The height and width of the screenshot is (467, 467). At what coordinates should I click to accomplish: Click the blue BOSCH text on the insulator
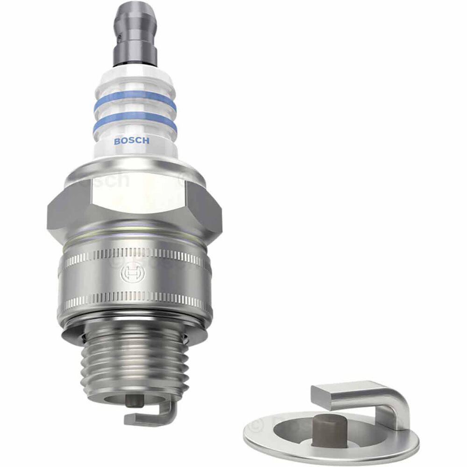(x=132, y=141)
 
